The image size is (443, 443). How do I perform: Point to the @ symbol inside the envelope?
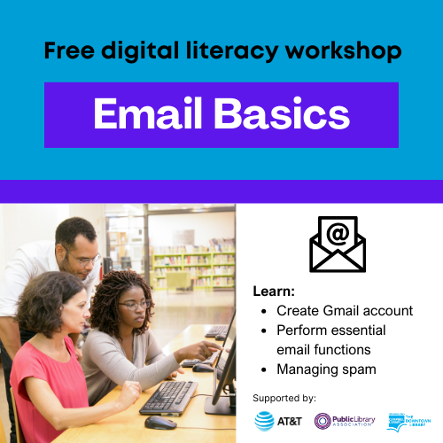(x=337, y=236)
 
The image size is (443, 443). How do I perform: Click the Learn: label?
(x=274, y=291)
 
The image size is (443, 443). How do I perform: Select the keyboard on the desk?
(x=168, y=395)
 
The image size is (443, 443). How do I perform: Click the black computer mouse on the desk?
(x=159, y=422)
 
